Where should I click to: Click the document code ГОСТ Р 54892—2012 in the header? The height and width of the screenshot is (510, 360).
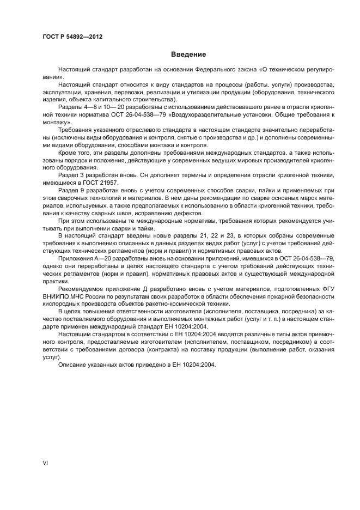tap(72, 37)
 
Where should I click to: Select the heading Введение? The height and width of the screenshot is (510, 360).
tap(188, 54)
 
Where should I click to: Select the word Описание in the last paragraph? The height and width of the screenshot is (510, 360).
tap(73, 365)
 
